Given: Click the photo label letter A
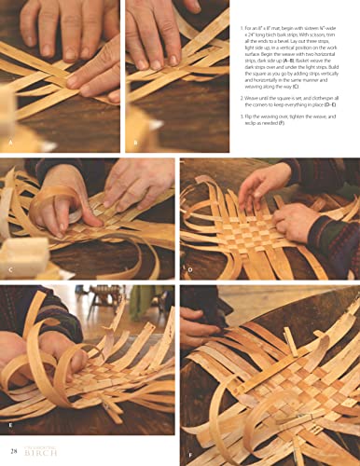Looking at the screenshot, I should (10, 143).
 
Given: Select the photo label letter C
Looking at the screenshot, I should (10, 272).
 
